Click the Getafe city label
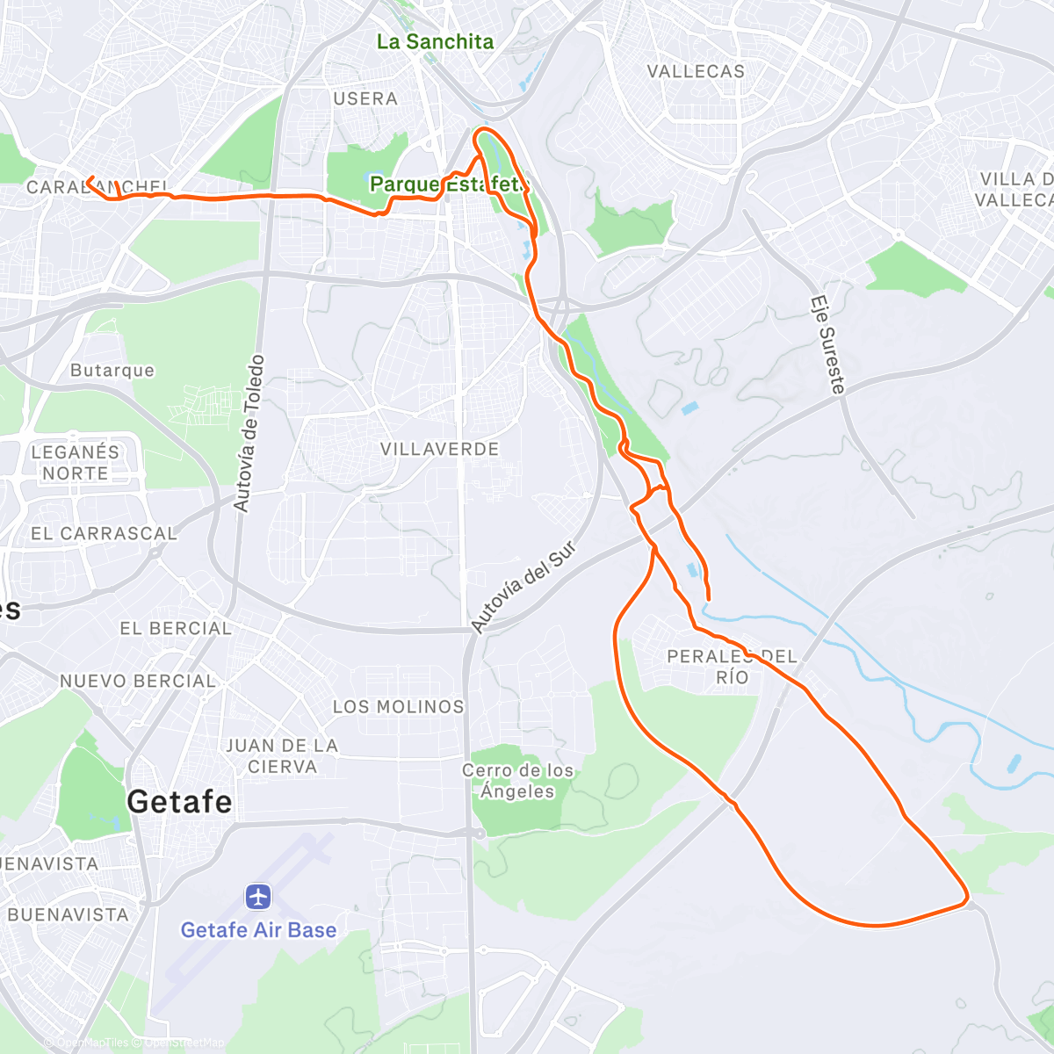point(179,802)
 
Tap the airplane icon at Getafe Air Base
point(258,897)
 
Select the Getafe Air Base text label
point(258,930)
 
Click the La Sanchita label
point(435,41)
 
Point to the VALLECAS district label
point(696,71)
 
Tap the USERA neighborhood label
point(365,98)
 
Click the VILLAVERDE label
point(439,449)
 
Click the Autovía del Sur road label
point(523,587)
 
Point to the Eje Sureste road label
point(827,344)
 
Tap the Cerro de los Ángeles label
point(518,781)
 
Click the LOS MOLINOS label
point(398,706)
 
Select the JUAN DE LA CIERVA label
point(282,755)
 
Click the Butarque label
point(112,371)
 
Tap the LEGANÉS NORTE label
point(75,463)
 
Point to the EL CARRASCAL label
point(104,533)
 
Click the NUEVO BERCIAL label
point(138,681)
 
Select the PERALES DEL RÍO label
point(732,667)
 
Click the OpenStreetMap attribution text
point(184,1043)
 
